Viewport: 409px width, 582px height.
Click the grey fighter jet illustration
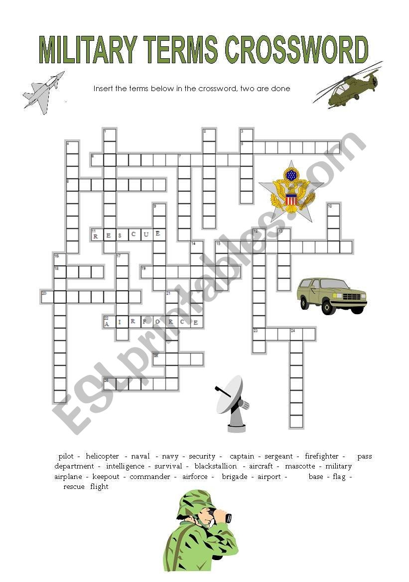pyautogui.click(x=44, y=93)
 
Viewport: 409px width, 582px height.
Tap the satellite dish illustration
pyautogui.click(x=232, y=403)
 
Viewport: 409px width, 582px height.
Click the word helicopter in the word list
pyautogui.click(x=102, y=456)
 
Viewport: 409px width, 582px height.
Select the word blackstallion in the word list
pyautogui.click(x=216, y=466)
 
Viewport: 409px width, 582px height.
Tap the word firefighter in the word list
pyautogui.click(x=321, y=456)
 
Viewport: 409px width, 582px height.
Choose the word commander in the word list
pyautogui.click(x=149, y=477)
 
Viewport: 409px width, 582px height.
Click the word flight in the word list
pyautogui.click(x=99, y=487)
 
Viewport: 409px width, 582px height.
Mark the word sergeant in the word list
pyautogui.click(x=278, y=456)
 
